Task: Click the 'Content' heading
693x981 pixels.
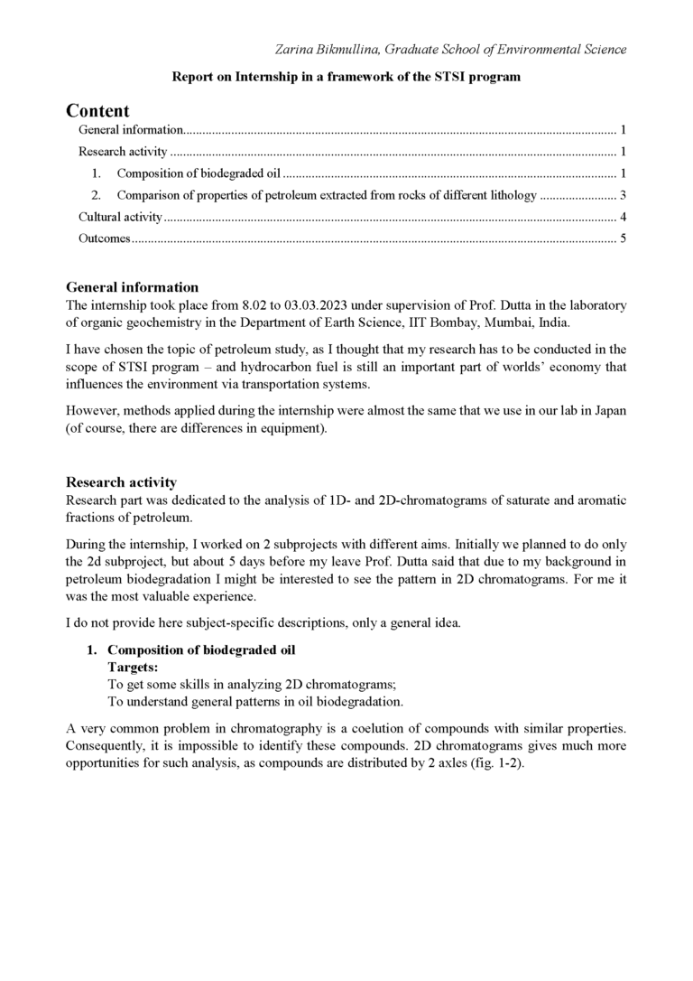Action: click(x=97, y=111)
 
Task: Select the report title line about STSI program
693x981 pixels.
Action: click(x=346, y=78)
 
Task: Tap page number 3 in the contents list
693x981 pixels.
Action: click(x=623, y=195)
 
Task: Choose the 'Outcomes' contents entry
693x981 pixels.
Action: click(x=105, y=238)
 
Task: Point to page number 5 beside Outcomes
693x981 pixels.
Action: click(x=623, y=238)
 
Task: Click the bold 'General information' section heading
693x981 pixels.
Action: click(x=132, y=288)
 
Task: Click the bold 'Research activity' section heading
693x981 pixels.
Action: click(x=121, y=482)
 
